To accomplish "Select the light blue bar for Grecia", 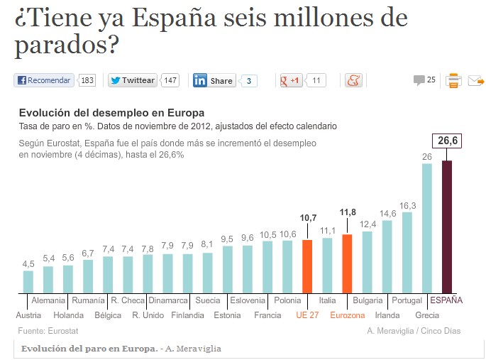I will tap(427, 228).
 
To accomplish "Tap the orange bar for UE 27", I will tap(307, 266).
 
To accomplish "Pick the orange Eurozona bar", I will tap(347, 263).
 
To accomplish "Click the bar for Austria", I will tap(28, 281).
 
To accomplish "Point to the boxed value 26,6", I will tap(448, 141).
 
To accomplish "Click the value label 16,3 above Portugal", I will tap(407, 205).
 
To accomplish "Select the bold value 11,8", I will tap(348, 212).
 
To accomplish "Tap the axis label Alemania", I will tap(48, 300).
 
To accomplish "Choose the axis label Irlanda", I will tap(387, 315).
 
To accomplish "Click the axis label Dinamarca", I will tap(168, 300).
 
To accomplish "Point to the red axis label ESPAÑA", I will tap(446, 300).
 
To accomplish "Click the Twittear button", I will tap(133, 80).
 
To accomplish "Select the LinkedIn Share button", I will tap(214, 80).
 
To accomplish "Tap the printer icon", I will tap(453, 80).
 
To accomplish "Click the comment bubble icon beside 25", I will tap(419, 80).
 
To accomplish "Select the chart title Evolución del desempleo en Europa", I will tap(111, 113).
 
